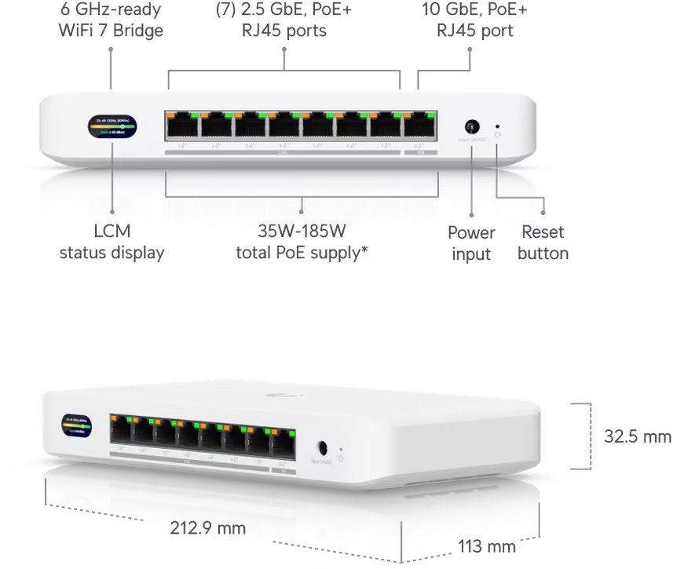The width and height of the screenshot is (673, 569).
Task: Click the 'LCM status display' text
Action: pos(112,242)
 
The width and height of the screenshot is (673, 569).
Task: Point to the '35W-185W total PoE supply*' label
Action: pos(302,242)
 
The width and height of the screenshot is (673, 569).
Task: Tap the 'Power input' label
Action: pos(471,243)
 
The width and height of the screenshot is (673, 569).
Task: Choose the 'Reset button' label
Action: pos(543,243)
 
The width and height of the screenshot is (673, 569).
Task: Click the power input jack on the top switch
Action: pos(472,126)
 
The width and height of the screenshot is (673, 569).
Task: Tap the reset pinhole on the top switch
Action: pos(498,125)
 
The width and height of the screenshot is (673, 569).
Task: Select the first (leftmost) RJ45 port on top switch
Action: pos(181,126)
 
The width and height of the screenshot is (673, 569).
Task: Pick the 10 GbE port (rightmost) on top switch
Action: pos(420,126)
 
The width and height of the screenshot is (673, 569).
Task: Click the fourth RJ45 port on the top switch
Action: pos(284,126)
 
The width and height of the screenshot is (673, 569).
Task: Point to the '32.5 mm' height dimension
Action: pos(638,436)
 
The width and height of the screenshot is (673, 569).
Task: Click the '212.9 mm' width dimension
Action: pos(208,527)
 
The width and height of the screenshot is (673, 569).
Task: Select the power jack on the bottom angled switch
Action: pos(321,448)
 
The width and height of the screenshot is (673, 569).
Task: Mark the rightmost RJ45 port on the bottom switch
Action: pos(282,444)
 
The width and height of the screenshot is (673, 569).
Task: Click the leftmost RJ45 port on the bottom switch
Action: pos(122,430)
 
